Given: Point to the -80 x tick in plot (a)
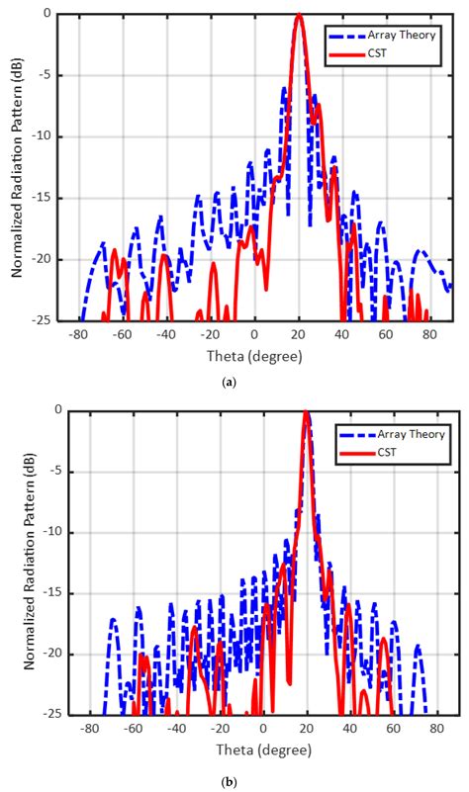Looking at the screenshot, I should [x=79, y=335].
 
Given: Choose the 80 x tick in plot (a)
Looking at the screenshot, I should [x=428, y=335].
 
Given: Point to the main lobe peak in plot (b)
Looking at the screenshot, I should [x=306, y=411].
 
